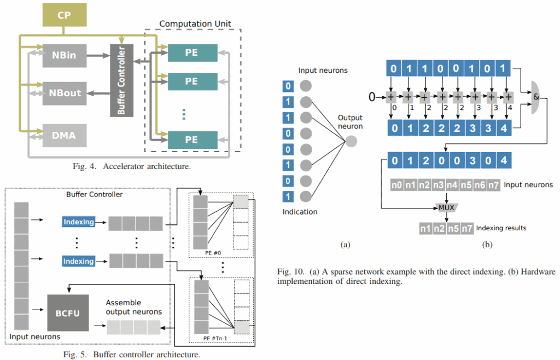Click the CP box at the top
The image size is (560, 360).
click(65, 15)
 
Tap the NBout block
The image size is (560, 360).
click(65, 93)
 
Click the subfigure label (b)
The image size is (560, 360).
click(487, 245)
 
